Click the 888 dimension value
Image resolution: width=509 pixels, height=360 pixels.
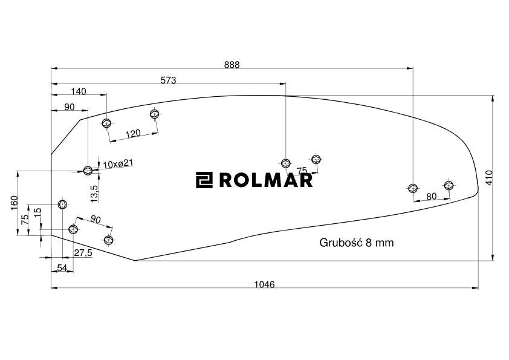232,65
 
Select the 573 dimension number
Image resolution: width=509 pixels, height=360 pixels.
168,80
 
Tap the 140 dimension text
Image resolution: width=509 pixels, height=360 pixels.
79,91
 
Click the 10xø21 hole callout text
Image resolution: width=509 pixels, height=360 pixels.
117,165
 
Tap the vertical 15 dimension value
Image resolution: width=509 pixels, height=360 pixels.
37,214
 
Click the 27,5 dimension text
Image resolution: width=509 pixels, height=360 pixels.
83,253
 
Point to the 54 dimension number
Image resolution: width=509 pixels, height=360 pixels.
62,267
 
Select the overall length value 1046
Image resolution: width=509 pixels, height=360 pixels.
264,284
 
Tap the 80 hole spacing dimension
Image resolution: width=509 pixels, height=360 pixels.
431,196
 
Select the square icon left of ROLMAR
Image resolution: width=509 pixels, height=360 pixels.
204,180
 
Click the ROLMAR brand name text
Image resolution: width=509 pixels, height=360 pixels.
265,180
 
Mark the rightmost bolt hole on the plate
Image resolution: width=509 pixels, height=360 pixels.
449,185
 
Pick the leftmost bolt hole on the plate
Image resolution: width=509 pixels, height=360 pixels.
62,205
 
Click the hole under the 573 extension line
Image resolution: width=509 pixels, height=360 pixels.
286,163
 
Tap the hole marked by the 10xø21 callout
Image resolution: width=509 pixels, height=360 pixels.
88,170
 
